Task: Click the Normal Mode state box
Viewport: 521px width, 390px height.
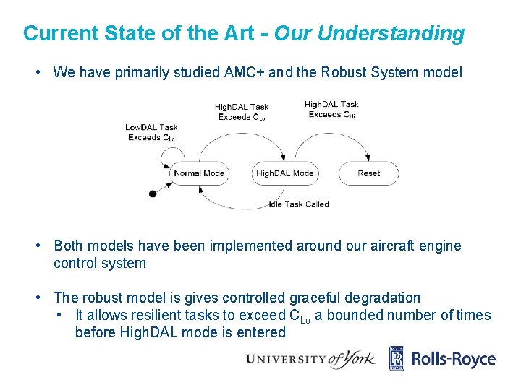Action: [200, 173]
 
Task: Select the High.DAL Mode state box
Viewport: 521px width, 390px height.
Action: [285, 173]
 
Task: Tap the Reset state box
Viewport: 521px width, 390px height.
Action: [369, 173]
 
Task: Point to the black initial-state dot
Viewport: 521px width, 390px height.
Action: [152, 194]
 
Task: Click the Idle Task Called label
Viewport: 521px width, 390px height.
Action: [298, 204]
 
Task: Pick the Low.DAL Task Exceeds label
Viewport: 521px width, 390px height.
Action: [151, 133]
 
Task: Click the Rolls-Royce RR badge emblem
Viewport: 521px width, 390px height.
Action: [397, 358]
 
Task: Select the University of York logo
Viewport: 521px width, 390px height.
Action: [310, 359]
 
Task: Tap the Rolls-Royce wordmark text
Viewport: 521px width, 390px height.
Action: [454, 359]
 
